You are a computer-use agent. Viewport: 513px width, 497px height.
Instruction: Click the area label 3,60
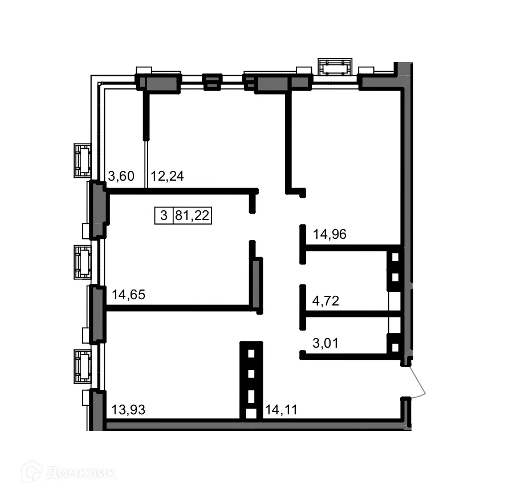pyautogui.click(x=121, y=176)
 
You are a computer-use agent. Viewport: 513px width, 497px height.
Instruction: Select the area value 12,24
pyautogui.click(x=167, y=176)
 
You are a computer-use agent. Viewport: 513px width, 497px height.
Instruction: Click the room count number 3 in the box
pyautogui.click(x=164, y=216)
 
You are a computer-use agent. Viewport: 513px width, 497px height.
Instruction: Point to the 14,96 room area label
pyautogui.click(x=330, y=233)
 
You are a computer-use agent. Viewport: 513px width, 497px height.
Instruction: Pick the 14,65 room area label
pyautogui.click(x=129, y=295)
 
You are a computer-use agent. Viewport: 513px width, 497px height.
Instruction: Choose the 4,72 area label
pyautogui.click(x=326, y=301)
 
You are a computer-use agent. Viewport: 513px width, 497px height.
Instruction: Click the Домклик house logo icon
pyautogui.click(x=31, y=472)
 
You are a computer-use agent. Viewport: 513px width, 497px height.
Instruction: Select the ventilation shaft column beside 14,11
pyautogui.click(x=251, y=381)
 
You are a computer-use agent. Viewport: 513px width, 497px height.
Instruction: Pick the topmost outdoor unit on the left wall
pyautogui.click(x=83, y=160)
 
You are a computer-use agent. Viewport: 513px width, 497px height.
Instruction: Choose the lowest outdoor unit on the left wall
pyautogui.click(x=83, y=366)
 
